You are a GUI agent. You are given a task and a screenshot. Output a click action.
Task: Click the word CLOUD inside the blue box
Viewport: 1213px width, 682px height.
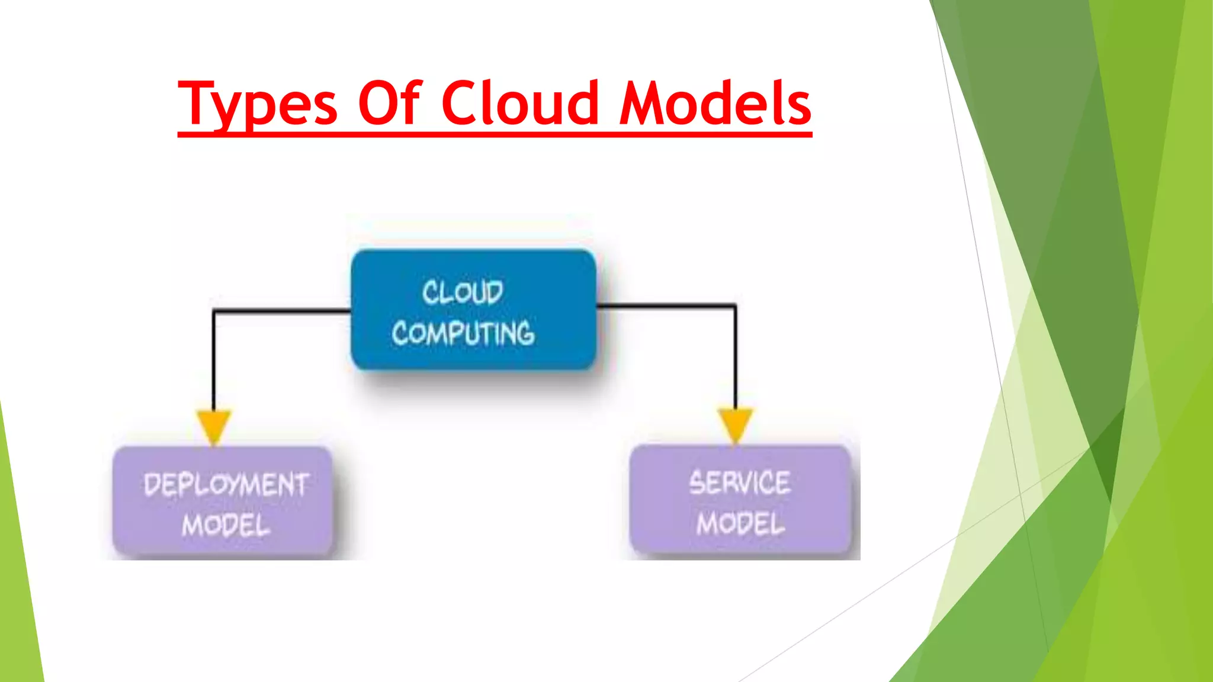[463, 292]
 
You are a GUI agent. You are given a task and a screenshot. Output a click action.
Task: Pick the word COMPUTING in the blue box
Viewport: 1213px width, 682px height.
[463, 333]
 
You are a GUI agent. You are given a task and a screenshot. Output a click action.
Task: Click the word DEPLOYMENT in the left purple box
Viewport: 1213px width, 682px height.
[226, 485]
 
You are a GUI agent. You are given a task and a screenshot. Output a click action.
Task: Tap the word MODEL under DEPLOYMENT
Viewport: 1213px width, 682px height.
[226, 525]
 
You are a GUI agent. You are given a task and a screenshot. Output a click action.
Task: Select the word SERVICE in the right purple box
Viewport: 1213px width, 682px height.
[739, 482]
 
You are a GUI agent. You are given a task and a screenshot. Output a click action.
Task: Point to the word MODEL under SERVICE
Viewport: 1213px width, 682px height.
[740, 524]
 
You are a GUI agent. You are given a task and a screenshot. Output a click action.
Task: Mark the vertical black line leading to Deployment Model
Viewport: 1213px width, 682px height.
[214, 361]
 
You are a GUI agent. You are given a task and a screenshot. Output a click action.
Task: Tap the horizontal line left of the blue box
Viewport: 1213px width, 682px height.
[281, 310]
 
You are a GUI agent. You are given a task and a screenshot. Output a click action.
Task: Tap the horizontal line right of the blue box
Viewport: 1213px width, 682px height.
[666, 305]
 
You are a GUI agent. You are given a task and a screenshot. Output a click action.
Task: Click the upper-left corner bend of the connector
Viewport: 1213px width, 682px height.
[214, 311]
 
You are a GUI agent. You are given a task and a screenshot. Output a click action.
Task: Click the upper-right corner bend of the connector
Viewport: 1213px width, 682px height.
[735, 306]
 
